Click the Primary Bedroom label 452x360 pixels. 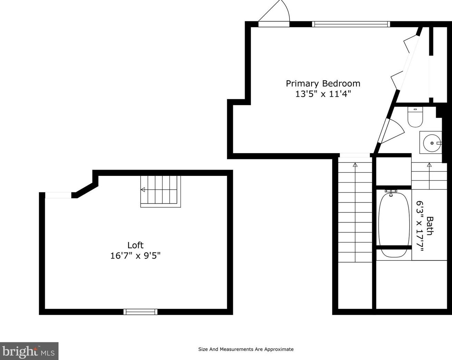coord(323,84)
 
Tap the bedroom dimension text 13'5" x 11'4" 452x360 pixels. coord(323,94)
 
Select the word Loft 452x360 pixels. coord(135,245)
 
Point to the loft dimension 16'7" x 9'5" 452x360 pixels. coord(135,256)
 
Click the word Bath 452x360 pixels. coord(430,226)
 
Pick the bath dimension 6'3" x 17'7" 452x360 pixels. coord(420,226)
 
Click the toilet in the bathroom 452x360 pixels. coord(415,117)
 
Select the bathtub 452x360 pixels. coord(394,224)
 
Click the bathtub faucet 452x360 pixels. coord(391,193)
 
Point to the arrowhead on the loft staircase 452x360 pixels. coord(143,190)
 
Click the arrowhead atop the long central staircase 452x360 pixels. coord(355,164)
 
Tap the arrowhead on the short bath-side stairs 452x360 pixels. coord(429,164)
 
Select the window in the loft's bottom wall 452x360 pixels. coord(140,312)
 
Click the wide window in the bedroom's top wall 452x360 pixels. coord(351,24)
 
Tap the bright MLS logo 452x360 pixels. coord(29,351)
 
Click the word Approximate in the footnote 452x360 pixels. coord(279,349)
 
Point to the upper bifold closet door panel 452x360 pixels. coord(410,45)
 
